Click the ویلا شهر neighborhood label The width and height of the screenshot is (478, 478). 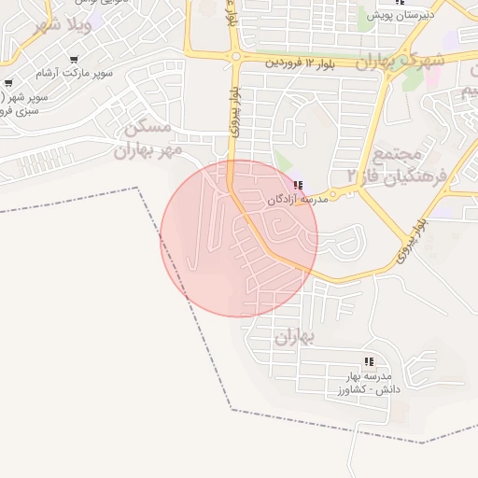coord(63,25)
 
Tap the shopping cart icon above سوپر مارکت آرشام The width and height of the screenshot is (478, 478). coord(74,58)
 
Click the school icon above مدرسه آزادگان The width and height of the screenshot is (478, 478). coord(298,185)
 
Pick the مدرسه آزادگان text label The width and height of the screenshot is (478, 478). coord(298,200)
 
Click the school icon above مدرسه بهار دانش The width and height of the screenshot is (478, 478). coord(369,361)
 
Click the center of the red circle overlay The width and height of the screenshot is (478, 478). coord(239,238)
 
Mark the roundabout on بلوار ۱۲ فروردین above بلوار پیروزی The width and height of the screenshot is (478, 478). coord(234,57)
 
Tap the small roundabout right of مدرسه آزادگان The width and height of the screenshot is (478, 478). coord(332,194)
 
